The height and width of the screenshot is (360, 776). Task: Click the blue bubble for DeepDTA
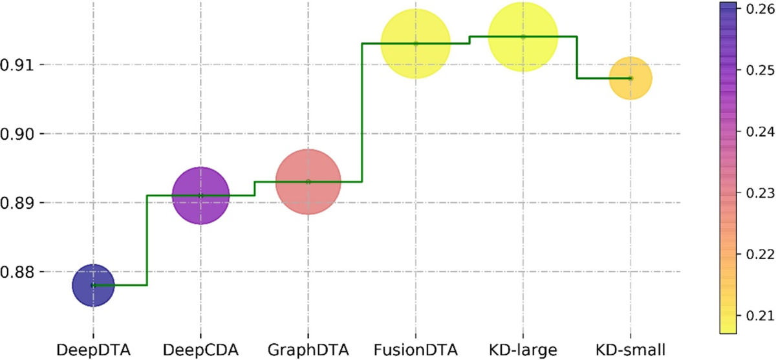click(x=93, y=285)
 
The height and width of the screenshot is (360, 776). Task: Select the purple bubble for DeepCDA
click(x=200, y=195)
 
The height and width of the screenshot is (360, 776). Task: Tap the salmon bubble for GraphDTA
click(x=308, y=182)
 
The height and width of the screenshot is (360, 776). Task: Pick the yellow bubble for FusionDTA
click(x=416, y=43)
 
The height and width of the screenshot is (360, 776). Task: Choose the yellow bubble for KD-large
click(x=524, y=37)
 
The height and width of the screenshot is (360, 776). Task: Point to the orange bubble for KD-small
click(x=630, y=78)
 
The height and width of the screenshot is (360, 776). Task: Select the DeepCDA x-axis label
click(x=200, y=350)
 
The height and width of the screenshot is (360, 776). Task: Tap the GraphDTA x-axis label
click(x=308, y=350)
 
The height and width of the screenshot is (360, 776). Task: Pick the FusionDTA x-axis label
click(x=416, y=350)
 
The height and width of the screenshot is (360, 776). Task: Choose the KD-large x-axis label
click(x=524, y=350)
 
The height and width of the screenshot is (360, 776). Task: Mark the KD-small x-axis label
click(x=630, y=350)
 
